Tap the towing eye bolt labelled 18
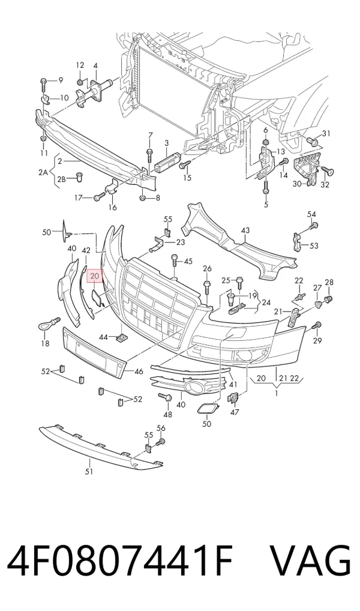(48, 323)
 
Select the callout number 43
(245, 230)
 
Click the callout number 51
(89, 472)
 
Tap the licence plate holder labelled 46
(95, 353)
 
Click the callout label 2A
(44, 172)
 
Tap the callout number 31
(326, 134)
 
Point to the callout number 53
(314, 246)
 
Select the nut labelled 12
(79, 82)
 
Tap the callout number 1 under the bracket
(276, 393)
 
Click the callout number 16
(112, 207)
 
